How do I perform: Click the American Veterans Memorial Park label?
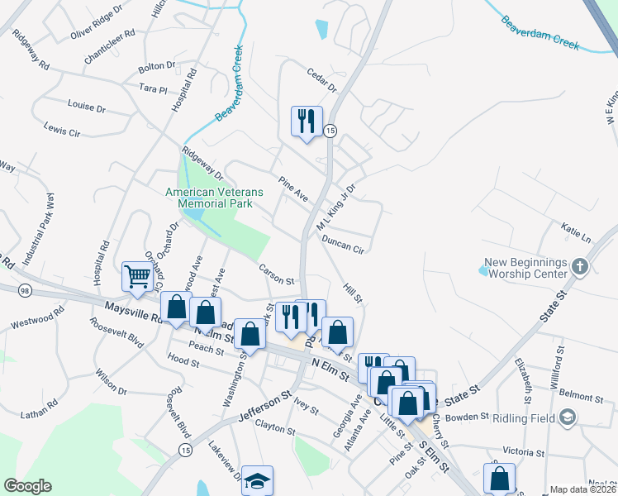click(214, 198)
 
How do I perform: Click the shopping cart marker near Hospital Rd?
click(136, 276)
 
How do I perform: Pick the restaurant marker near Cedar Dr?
click(307, 121)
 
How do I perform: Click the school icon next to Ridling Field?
click(567, 418)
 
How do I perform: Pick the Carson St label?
click(276, 274)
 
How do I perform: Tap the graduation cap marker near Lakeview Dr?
click(257, 482)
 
